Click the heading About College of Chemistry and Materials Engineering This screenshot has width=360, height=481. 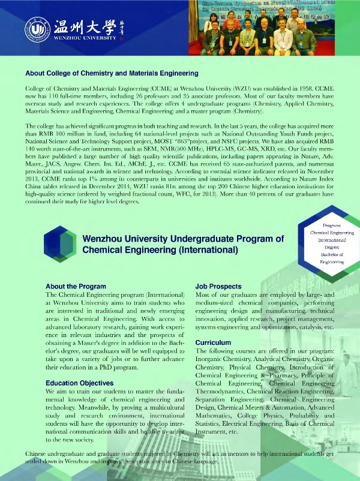(112, 74)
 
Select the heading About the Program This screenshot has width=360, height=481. (73, 287)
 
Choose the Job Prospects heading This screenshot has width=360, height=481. (218, 287)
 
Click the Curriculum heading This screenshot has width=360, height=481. (214, 342)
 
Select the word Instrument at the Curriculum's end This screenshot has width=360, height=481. (213, 432)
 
